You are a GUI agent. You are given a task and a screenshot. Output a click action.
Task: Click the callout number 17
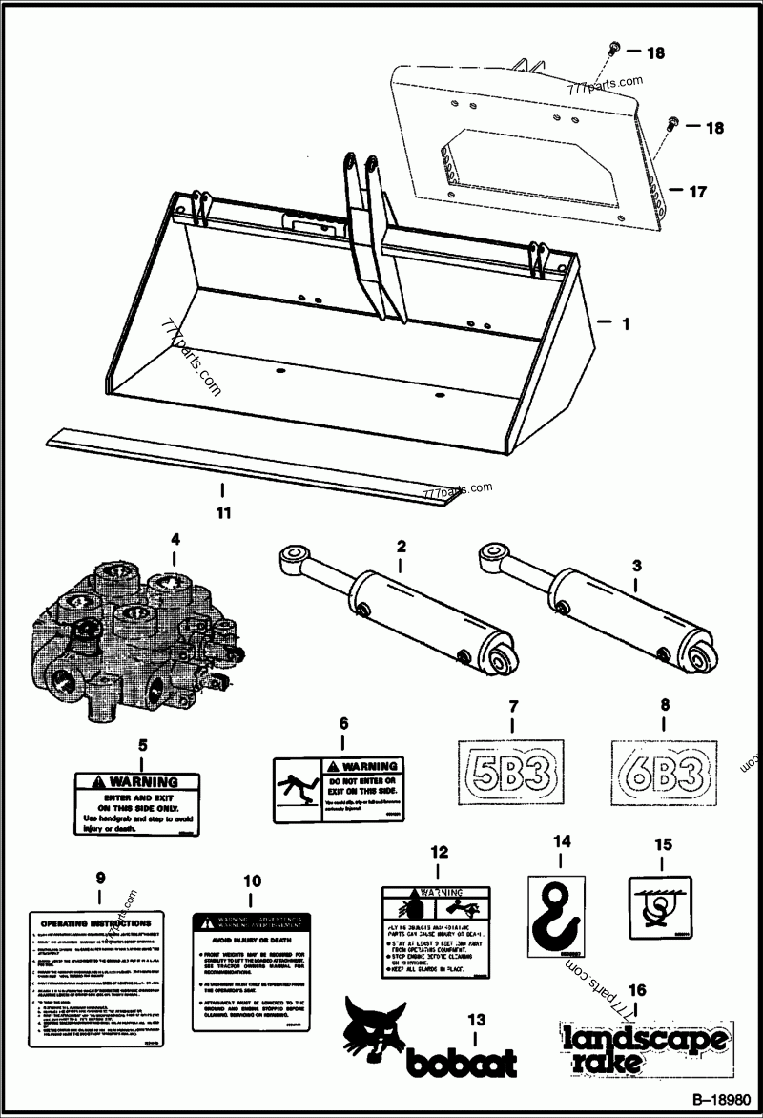coord(697,191)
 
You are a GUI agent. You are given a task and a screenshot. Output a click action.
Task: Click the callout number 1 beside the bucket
coord(625,324)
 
